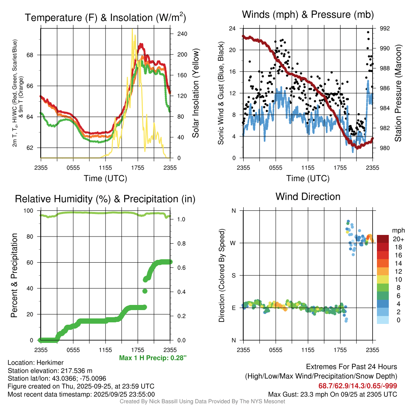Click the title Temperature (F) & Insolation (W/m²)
(x=105, y=18)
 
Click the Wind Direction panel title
(x=308, y=197)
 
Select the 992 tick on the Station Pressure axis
(x=385, y=28)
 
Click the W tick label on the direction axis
(x=233, y=243)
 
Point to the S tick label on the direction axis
(x=233, y=276)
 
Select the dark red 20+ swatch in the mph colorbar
(x=383, y=239)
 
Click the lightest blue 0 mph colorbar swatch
(x=383, y=320)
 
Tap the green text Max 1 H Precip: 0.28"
(x=152, y=358)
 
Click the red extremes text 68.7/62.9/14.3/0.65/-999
(x=358, y=386)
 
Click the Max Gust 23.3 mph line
(x=332, y=394)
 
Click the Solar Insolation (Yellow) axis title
(x=195, y=93)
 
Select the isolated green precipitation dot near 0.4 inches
(x=145, y=291)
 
